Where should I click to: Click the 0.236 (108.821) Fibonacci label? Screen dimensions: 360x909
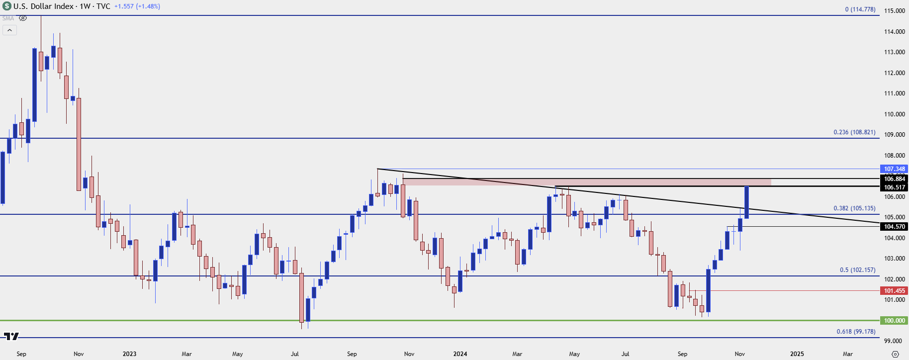pyautogui.click(x=854, y=132)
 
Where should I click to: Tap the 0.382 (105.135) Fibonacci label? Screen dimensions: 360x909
pyautogui.click(x=854, y=208)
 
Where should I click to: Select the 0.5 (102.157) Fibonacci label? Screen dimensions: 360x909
pyautogui.click(x=857, y=270)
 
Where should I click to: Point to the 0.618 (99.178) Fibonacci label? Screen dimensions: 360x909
pyautogui.click(x=856, y=332)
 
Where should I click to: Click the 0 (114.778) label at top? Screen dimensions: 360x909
pyautogui.click(x=860, y=9)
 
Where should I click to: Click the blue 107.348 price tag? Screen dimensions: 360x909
pyautogui.click(x=894, y=169)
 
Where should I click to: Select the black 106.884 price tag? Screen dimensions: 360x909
pyautogui.click(x=894, y=179)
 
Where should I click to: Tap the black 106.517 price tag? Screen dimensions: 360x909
pyautogui.click(x=894, y=187)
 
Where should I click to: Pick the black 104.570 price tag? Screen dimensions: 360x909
pyautogui.click(x=894, y=227)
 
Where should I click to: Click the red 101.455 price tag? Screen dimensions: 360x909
pyautogui.click(x=894, y=291)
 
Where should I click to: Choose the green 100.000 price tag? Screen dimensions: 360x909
pyautogui.click(x=894, y=321)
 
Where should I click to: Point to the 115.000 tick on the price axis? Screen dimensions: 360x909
pyautogui.click(x=894, y=11)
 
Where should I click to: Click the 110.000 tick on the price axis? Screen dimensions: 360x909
pyautogui.click(x=894, y=114)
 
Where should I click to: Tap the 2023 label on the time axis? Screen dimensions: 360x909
pyautogui.click(x=129, y=354)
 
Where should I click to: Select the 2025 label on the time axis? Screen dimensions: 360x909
pyautogui.click(x=797, y=354)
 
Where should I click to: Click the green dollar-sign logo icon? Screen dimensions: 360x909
pyautogui.click(x=6, y=6)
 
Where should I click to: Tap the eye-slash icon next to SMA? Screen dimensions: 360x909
pyautogui.click(x=23, y=18)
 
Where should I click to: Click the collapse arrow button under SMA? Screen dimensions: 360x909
pyautogui.click(x=9, y=30)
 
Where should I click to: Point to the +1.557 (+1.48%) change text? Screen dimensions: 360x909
pyautogui.click(x=137, y=6)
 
